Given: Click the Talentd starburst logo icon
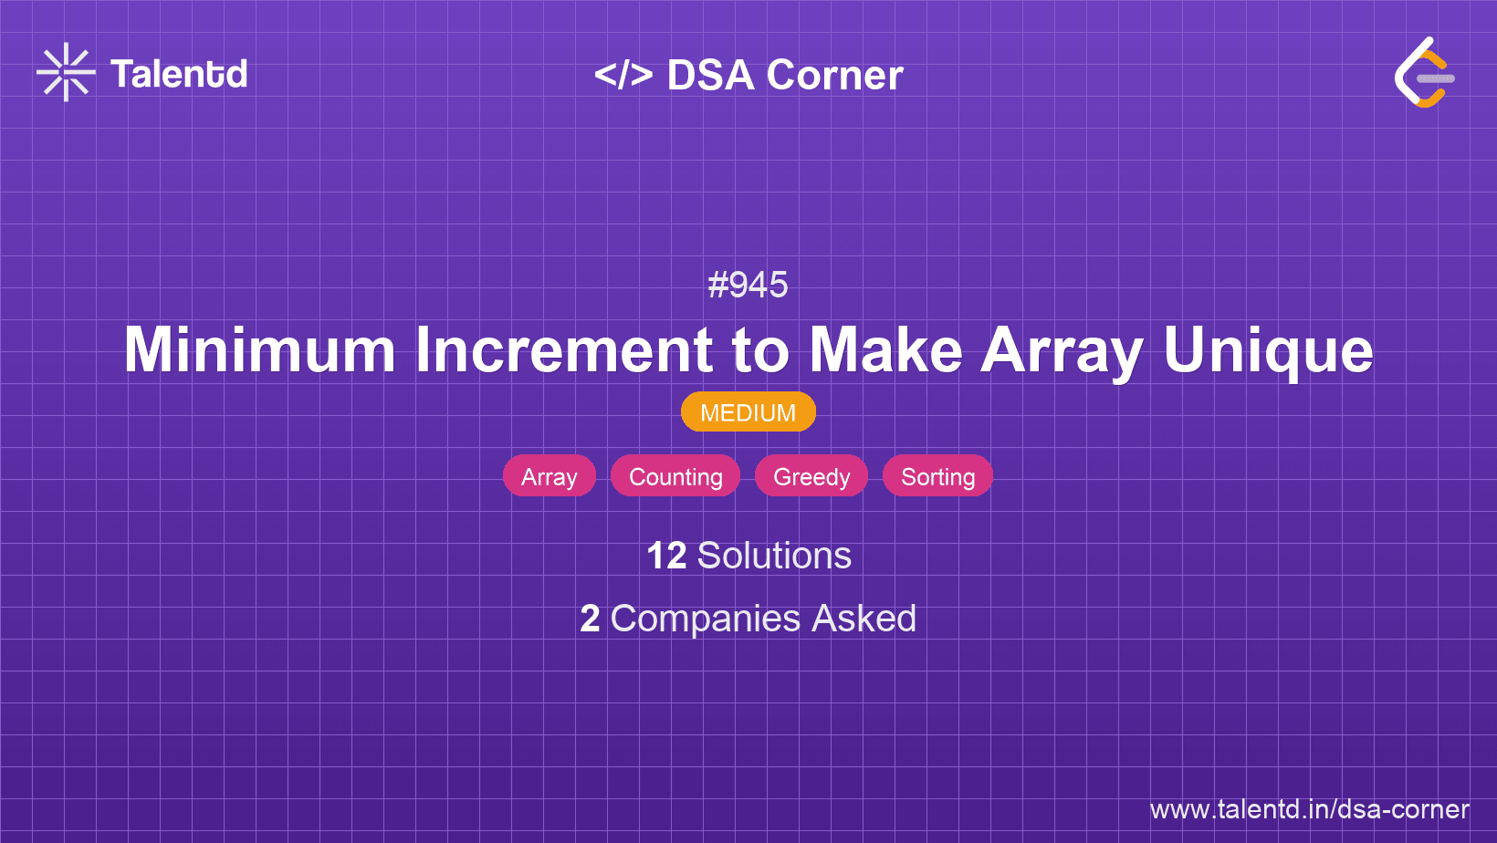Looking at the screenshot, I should (66, 72).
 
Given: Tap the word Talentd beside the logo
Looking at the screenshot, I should (179, 74).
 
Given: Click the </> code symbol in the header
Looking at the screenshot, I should (623, 75).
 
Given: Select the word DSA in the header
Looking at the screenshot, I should (710, 76).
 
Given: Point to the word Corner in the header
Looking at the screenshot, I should (834, 76).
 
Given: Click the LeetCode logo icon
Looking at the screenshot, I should (1424, 73).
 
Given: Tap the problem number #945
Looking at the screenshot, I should (748, 285).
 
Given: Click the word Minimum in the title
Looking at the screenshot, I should (259, 350).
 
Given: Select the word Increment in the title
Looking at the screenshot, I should (563, 350).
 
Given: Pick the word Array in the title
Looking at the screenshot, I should (1062, 350).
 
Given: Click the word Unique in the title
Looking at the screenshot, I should (1268, 350).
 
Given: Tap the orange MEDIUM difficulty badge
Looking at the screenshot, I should (748, 412).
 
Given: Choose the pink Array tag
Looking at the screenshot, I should (549, 476).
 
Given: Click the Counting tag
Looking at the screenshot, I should (675, 476).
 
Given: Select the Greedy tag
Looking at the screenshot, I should (811, 476).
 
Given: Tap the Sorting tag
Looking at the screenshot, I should (937, 476).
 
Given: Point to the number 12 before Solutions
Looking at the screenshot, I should (665, 556).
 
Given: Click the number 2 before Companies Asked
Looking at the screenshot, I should (590, 619).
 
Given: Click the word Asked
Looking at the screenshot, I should (864, 619).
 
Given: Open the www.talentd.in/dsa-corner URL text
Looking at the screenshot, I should (1309, 809).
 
